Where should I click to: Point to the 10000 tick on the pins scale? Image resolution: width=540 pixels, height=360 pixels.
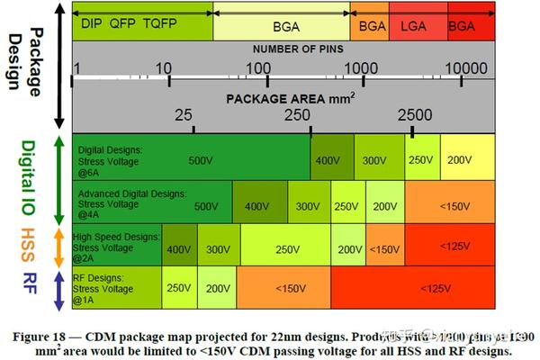click(x=465, y=67)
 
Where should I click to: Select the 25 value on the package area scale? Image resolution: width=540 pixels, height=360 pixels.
click(x=184, y=115)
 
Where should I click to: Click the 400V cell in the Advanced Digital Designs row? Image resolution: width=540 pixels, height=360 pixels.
click(x=257, y=206)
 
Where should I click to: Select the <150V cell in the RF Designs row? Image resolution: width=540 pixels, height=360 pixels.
click(x=290, y=289)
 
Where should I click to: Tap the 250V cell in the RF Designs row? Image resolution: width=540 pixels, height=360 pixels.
click(x=178, y=289)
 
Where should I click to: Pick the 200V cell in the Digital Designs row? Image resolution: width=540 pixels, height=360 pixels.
click(x=460, y=159)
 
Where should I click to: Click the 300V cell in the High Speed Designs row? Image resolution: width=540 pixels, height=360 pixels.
click(x=219, y=248)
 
